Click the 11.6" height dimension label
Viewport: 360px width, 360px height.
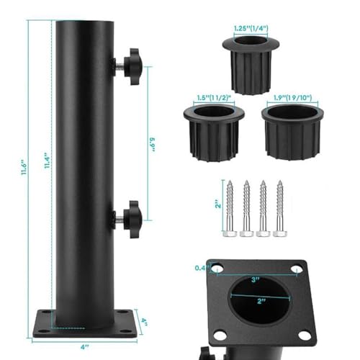pyautogui.click(x=24, y=167)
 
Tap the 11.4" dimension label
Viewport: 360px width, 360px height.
pyautogui.click(x=48, y=160)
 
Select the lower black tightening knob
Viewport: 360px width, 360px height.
pyautogui.click(x=132, y=220)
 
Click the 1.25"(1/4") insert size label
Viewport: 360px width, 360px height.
pyautogui.click(x=251, y=29)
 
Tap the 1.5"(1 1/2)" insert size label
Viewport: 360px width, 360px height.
pyautogui.click(x=214, y=98)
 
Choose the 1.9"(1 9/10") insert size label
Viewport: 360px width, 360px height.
pyautogui.click(x=292, y=97)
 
